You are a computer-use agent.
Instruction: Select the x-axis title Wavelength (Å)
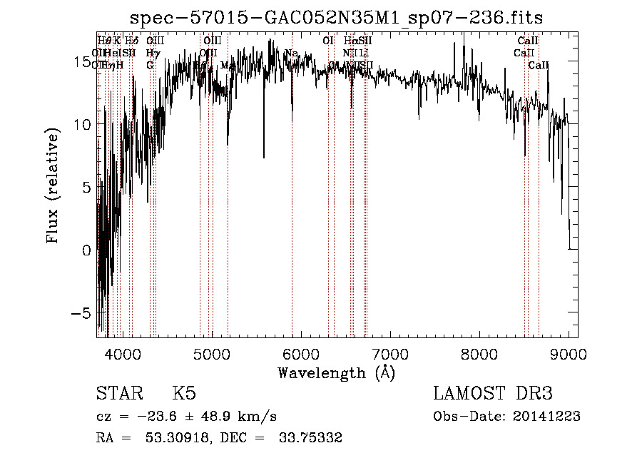tap(336, 372)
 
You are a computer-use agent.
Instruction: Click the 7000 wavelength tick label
tap(390, 354)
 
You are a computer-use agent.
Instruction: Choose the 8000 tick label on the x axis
tap(479, 354)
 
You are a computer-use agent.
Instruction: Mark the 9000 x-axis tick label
tap(569, 354)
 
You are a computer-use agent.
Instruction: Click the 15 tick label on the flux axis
tap(83, 62)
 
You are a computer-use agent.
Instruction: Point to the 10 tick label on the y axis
tap(83, 125)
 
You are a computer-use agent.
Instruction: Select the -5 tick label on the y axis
tap(83, 313)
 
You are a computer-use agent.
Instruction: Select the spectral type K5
tap(183, 394)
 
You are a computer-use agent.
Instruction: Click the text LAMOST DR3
tap(493, 394)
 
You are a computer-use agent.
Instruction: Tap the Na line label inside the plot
tap(290, 53)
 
